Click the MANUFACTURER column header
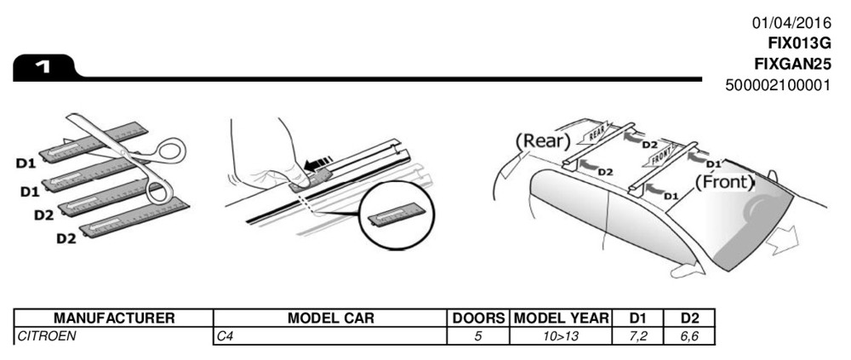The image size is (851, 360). [x=114, y=317]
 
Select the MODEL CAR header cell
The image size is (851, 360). [x=331, y=317]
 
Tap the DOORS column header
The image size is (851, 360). [x=478, y=317]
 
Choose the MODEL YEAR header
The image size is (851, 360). [x=562, y=317]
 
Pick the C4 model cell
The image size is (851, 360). [x=226, y=336]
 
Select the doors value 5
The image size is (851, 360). [x=478, y=336]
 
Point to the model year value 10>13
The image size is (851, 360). [x=562, y=336]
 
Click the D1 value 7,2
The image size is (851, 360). [x=638, y=336]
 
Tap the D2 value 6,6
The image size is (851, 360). [x=688, y=336]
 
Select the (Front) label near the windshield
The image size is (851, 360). [x=725, y=181]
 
